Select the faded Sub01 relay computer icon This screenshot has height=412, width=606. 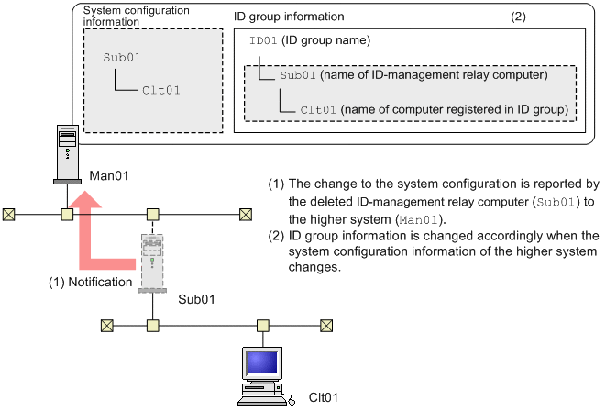click(x=152, y=262)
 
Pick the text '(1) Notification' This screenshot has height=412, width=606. click(x=90, y=282)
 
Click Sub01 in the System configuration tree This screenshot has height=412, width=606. click(x=121, y=56)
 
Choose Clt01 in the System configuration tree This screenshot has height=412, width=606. click(x=160, y=90)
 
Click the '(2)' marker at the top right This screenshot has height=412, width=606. click(x=519, y=17)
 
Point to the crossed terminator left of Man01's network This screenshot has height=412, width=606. click(x=10, y=215)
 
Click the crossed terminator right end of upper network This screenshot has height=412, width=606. click(x=246, y=215)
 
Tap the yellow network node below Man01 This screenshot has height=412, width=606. click(x=67, y=215)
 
